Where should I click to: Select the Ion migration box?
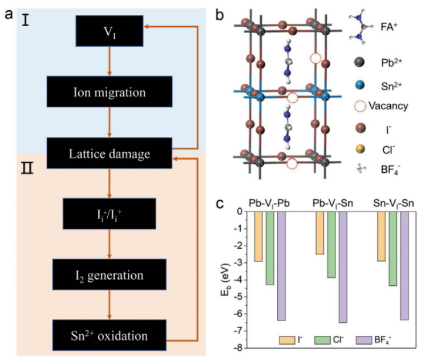click(108, 91)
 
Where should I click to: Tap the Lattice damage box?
click(108, 152)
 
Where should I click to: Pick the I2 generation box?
click(108, 275)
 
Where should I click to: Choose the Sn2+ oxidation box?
click(108, 335)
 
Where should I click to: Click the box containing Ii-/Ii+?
click(108, 214)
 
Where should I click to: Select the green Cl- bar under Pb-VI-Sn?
click(331, 245)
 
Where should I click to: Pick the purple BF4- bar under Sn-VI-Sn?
click(404, 265)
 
